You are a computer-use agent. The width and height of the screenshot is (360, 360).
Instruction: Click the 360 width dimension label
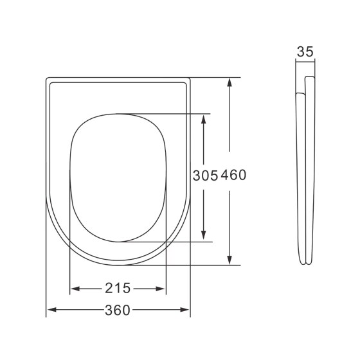pyautogui.click(x=118, y=310)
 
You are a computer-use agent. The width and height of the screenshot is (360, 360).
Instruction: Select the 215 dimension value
pyautogui.click(x=118, y=287)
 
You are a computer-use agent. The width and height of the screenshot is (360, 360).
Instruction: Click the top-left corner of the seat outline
pyautogui.click(x=48, y=79)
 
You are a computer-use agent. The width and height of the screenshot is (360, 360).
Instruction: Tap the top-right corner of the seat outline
pyautogui.click(x=189, y=79)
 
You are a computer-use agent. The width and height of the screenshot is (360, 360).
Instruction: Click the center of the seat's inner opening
pyautogui.click(x=118, y=178)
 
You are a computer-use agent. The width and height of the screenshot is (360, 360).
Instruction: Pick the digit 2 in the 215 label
pyautogui.click(x=109, y=287)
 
